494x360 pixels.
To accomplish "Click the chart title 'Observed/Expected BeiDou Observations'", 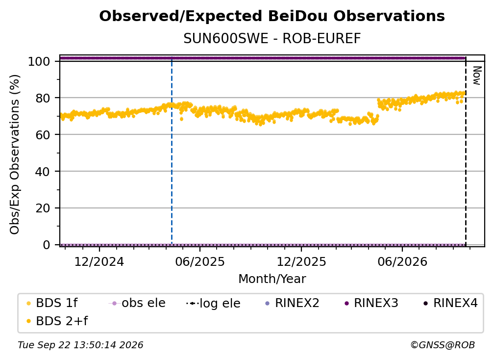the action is pyautogui.click(x=272, y=16).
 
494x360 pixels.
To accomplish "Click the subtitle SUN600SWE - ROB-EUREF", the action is pyautogui.click(x=272, y=39).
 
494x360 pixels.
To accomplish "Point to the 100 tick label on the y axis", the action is pyautogui.click(x=39, y=61).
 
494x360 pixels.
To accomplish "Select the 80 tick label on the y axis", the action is pyautogui.click(x=43, y=98).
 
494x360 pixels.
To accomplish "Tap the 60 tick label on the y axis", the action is pyautogui.click(x=43, y=135).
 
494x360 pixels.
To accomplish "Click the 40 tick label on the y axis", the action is pyautogui.click(x=43, y=172).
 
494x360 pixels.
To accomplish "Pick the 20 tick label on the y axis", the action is pyautogui.click(x=43, y=208).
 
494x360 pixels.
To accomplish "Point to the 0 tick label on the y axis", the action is pyautogui.click(x=47, y=245).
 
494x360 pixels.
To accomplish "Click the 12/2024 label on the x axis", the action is pyautogui.click(x=99, y=261).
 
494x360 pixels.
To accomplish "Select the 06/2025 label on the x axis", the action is pyautogui.click(x=200, y=261).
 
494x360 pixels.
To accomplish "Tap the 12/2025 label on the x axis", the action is pyautogui.click(x=301, y=261).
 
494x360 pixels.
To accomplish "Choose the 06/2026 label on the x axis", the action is pyautogui.click(x=402, y=261).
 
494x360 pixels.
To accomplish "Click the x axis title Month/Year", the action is pyautogui.click(x=272, y=279).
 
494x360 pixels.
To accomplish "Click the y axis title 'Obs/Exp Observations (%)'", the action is pyautogui.click(x=15, y=154).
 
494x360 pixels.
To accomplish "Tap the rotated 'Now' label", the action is pyautogui.click(x=477, y=76).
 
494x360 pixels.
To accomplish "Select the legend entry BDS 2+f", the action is pyautogui.click(x=57, y=321).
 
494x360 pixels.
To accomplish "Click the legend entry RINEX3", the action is pyautogui.click(x=372, y=303).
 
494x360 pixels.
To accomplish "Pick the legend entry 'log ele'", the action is pyautogui.click(x=213, y=303).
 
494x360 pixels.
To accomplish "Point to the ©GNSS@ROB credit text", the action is pyautogui.click(x=443, y=345).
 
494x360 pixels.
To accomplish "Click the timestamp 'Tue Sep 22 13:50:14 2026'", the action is pyautogui.click(x=80, y=345).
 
